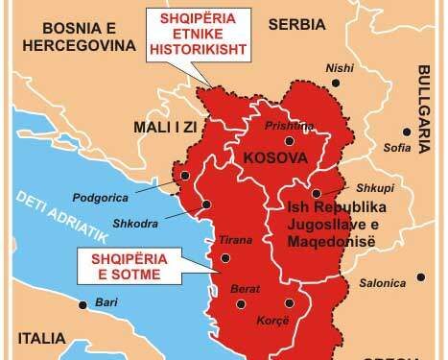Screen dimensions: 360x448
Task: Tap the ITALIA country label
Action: point(42,338)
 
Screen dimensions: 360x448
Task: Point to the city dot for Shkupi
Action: point(342,194)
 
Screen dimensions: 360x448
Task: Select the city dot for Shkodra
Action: point(205,204)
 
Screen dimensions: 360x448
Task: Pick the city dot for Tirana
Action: point(225,257)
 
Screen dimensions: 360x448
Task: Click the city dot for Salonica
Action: point(419,278)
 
